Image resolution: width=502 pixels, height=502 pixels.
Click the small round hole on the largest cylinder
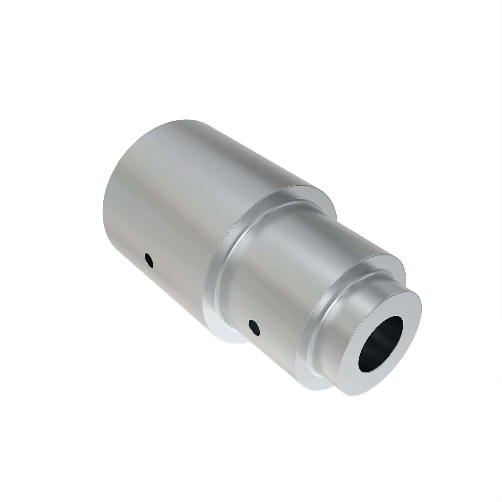[149, 260]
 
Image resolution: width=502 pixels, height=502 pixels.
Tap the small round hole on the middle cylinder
[254, 327]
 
